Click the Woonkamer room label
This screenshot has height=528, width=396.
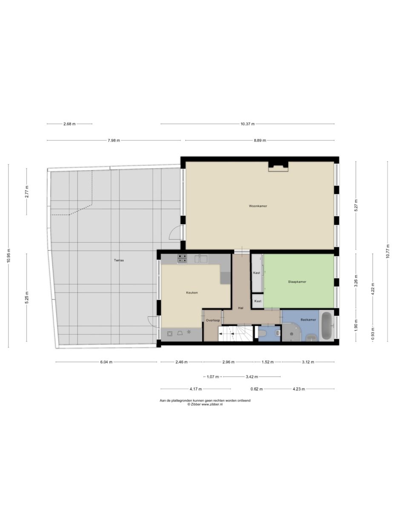pos(258,206)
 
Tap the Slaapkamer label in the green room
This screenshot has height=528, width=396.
pos(297,281)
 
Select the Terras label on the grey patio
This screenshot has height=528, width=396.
pos(119,260)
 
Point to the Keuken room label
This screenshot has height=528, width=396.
pos(192,293)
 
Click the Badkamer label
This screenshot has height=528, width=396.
pos(308,319)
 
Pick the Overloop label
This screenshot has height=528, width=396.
pos(212,320)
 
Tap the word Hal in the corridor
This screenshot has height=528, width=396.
pos(241,308)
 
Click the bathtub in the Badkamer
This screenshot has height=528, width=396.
pos(327,327)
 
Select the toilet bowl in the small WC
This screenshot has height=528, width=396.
pos(263,333)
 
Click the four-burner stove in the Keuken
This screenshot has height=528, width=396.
pos(182,258)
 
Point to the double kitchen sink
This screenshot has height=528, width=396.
pos(201,258)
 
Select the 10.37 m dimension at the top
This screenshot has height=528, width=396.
pos(247,124)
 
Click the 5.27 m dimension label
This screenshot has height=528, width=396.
pos(356,205)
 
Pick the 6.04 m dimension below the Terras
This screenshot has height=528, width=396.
pos(106,362)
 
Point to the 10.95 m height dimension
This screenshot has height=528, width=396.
pos(9,255)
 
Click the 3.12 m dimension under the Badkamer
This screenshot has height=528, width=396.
pos(307,362)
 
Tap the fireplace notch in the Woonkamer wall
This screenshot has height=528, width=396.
pos(278,166)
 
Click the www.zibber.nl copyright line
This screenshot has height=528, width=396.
pos(205,405)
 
